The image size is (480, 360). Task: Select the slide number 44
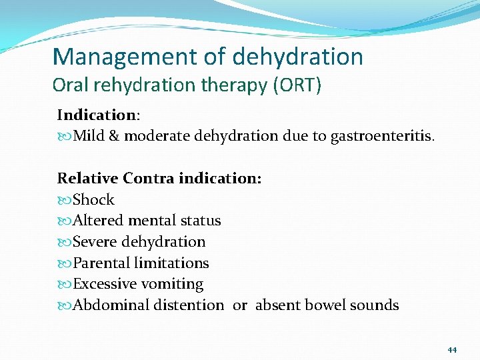tap(452, 349)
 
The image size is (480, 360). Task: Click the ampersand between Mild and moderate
tap(113, 137)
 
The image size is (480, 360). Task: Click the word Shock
tap(93, 200)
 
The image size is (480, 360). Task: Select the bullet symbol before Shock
tap(64, 200)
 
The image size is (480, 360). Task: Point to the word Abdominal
tap(111, 305)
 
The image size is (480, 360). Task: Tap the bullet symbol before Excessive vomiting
tap(64, 285)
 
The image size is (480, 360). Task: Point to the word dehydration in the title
tap(298, 57)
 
